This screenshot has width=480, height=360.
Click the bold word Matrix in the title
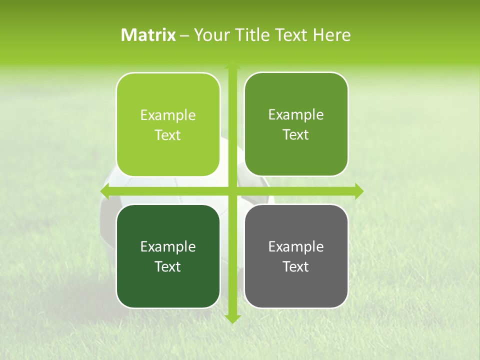tap(148, 35)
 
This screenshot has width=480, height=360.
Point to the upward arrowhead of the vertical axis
tap(232, 65)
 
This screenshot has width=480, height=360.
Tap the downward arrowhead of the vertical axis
tap(232, 319)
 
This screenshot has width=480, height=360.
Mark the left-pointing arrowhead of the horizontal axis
tap(104, 191)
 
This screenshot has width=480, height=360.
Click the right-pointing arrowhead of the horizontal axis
tap(359, 191)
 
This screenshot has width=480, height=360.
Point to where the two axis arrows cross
tap(232, 191)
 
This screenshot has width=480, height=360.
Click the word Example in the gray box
tap(296, 246)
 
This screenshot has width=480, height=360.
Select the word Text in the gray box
tap(296, 266)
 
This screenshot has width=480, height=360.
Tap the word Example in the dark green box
tap(168, 246)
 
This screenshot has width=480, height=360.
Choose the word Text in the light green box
tap(168, 135)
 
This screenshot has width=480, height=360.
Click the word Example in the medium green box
tap(296, 114)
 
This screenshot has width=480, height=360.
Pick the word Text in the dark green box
tap(168, 266)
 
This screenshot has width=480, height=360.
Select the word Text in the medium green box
tap(296, 134)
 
